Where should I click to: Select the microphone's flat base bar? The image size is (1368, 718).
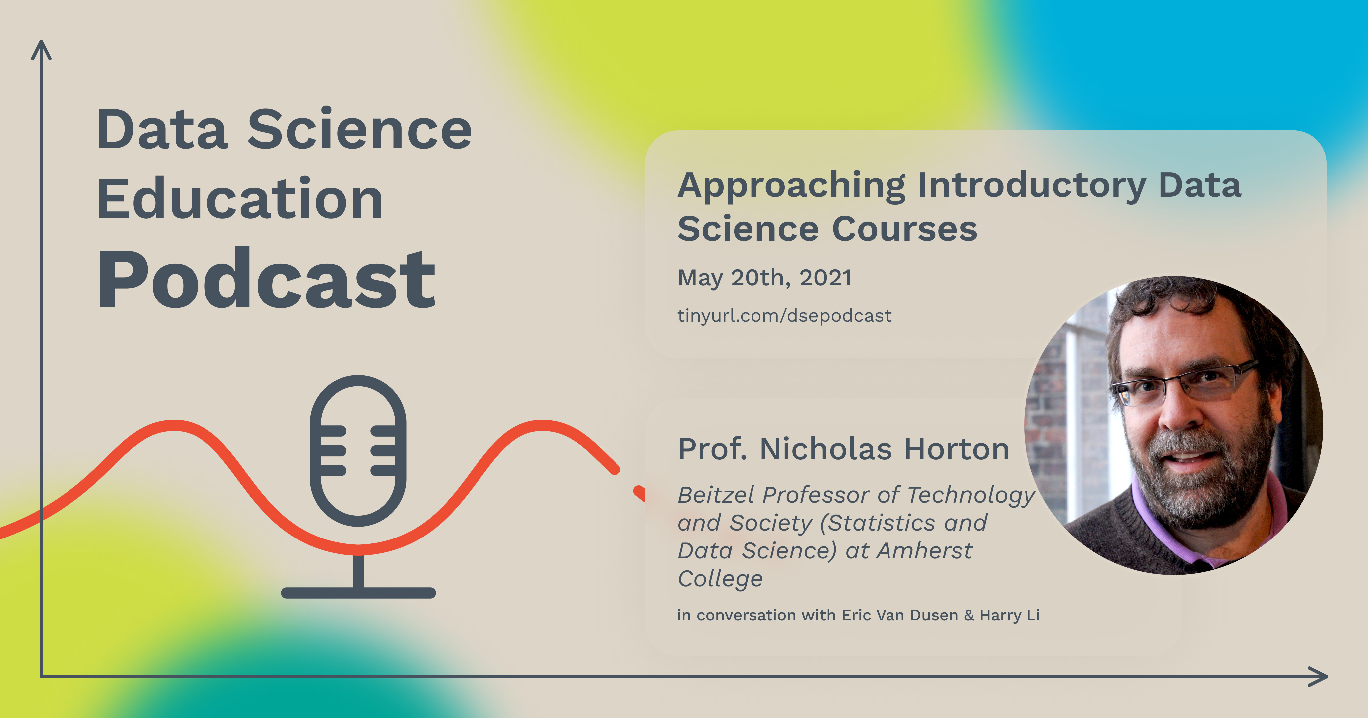[358, 593]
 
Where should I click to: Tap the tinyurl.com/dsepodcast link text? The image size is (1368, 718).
[784, 316]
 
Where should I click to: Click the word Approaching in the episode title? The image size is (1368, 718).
[791, 186]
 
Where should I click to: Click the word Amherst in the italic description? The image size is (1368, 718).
[924, 551]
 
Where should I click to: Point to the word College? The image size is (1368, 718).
[720, 579]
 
